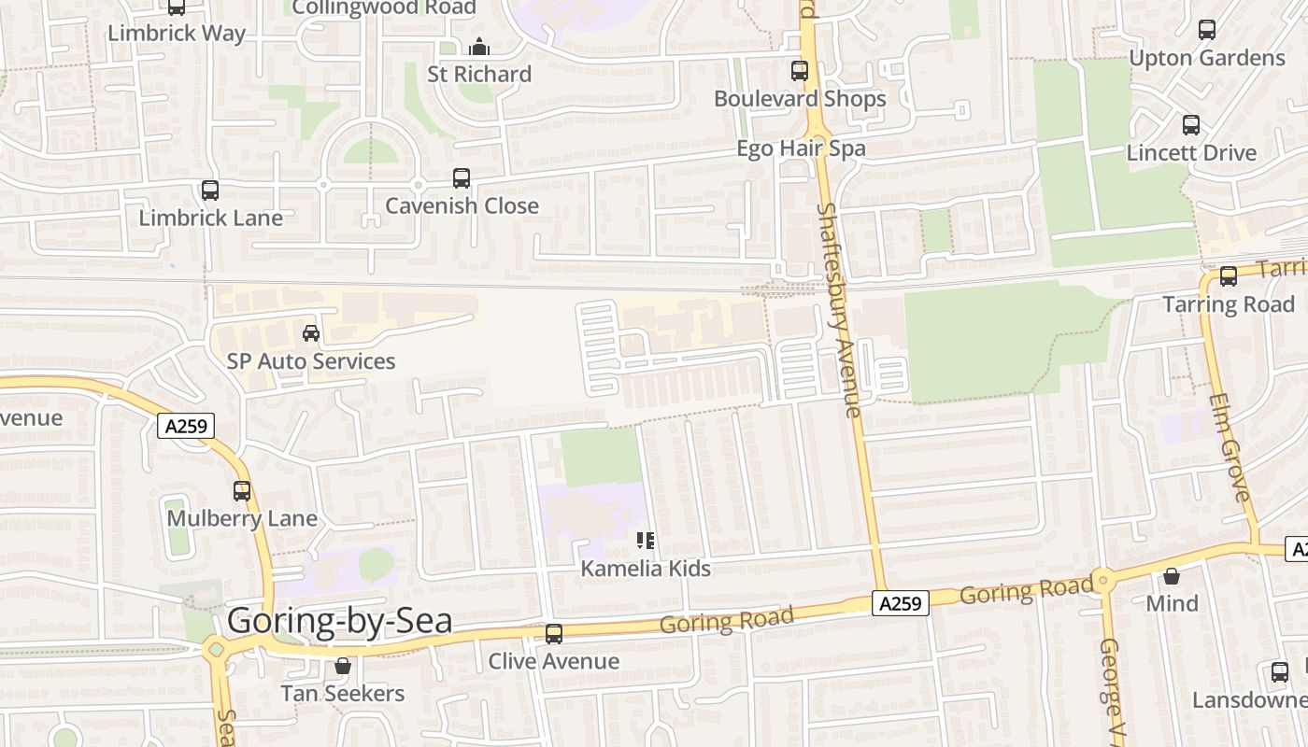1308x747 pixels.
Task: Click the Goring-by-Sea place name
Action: tap(339, 622)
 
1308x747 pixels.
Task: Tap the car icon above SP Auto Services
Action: tap(311, 333)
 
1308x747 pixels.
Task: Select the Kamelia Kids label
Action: tap(646, 569)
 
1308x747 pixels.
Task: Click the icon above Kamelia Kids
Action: tap(646, 541)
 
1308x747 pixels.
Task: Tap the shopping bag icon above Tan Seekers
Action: tap(343, 666)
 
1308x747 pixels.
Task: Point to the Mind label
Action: tap(1172, 603)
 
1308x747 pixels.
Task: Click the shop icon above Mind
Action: tap(1172, 576)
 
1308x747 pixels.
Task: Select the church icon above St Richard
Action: tap(479, 46)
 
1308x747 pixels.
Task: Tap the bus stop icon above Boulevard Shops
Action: tap(800, 70)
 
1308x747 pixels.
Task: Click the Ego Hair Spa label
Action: tap(801, 148)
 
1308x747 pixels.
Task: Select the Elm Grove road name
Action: tap(1228, 447)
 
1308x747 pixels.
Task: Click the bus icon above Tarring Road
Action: tap(1229, 276)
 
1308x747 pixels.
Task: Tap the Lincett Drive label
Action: tap(1191, 152)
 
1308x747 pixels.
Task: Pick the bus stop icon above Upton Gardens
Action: tap(1207, 30)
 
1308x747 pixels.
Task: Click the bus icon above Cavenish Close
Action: tap(462, 178)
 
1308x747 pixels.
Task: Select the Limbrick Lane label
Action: tap(210, 218)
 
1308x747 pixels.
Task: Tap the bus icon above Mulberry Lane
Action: tap(242, 490)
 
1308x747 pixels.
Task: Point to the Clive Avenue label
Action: tap(553, 661)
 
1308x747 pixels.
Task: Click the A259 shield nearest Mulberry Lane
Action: tap(186, 427)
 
